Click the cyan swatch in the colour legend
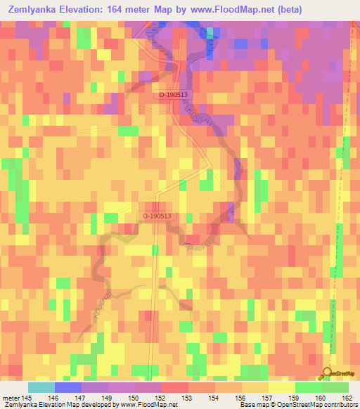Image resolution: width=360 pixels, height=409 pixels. pyautogui.click(x=41, y=387)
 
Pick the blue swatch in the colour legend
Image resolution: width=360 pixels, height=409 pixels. pyautogui.click(x=67, y=387)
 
